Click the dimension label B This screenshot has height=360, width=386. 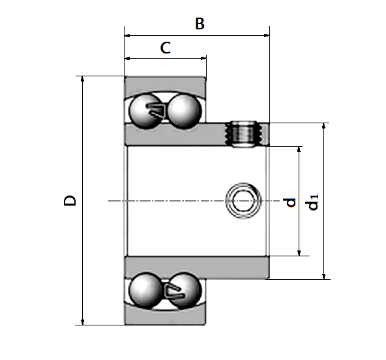200,23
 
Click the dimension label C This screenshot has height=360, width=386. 166,48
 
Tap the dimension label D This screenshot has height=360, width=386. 70,200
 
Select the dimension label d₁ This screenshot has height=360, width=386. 312,202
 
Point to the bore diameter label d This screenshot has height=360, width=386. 289,202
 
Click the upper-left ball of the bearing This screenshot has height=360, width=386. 146,111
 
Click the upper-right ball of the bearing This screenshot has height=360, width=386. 185,111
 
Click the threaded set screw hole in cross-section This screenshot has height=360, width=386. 244,134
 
